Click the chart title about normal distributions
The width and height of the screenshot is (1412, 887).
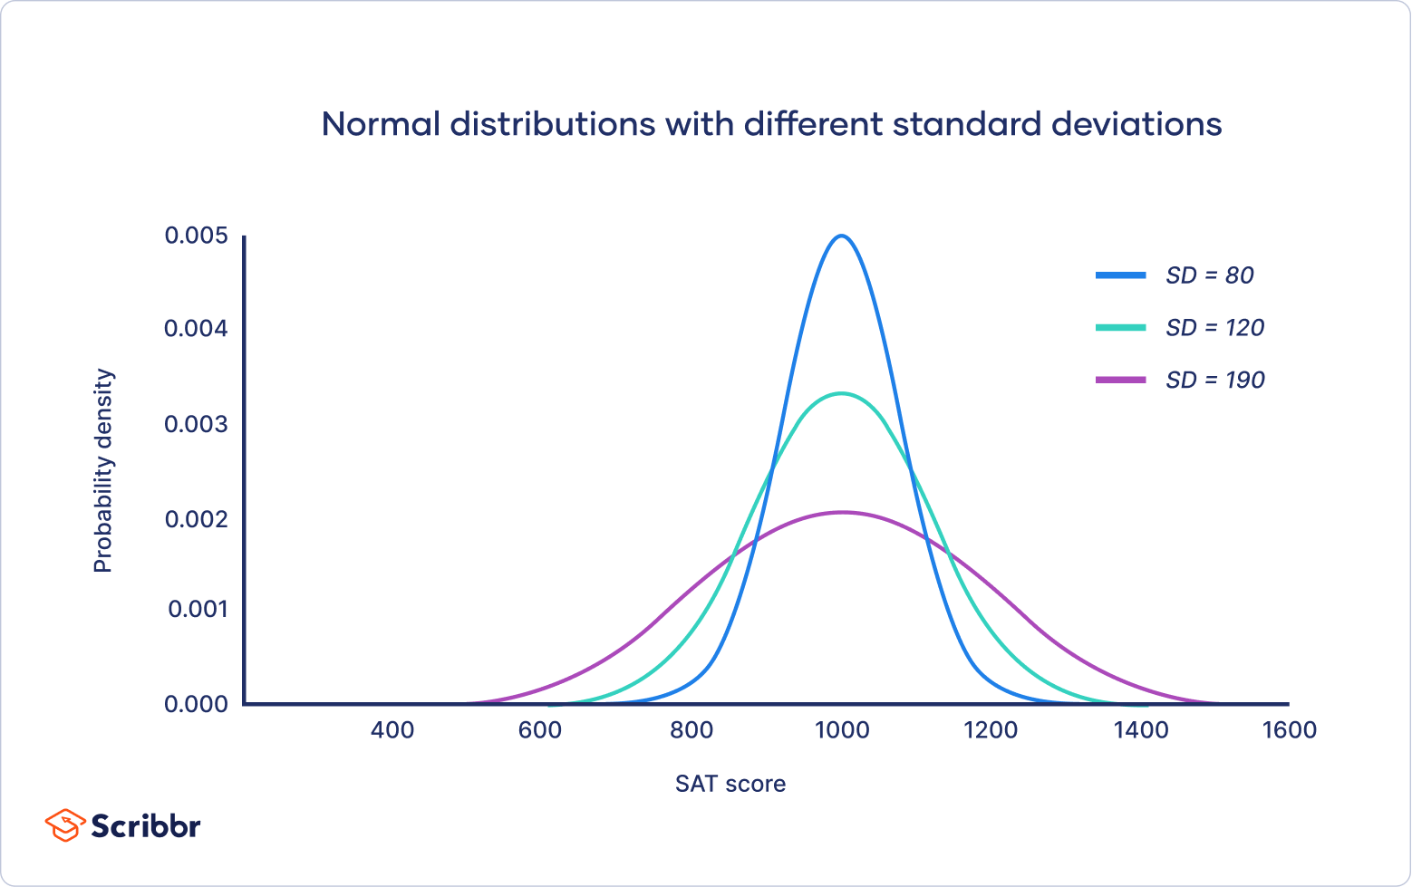coord(771,124)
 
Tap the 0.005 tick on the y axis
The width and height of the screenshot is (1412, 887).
coord(195,236)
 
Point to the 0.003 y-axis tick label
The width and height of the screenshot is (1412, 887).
coord(195,424)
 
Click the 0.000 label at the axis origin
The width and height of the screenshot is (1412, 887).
coord(195,704)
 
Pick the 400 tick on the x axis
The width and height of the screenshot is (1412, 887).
coord(392,730)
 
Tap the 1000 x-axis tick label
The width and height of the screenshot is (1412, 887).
coord(842,730)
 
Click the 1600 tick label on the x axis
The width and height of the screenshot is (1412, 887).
coord(1289,730)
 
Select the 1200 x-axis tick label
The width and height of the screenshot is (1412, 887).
coord(991,730)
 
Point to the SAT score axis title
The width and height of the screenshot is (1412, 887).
coord(730,784)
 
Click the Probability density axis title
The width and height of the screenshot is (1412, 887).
coord(103,470)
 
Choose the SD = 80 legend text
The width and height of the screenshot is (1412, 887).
coord(1209,275)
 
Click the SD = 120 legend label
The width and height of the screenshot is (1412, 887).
coord(1214,328)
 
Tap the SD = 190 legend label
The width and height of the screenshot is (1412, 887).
coord(1214,381)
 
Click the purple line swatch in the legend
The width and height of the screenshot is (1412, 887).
coord(1121,381)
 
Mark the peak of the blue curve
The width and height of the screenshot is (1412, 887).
coord(842,236)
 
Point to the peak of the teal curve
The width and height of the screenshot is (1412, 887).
coord(842,393)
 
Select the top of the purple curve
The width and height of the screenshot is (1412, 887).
coord(842,513)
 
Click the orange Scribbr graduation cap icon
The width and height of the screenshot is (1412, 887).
coord(63,825)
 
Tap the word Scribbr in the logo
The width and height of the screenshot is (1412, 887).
coord(145,826)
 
